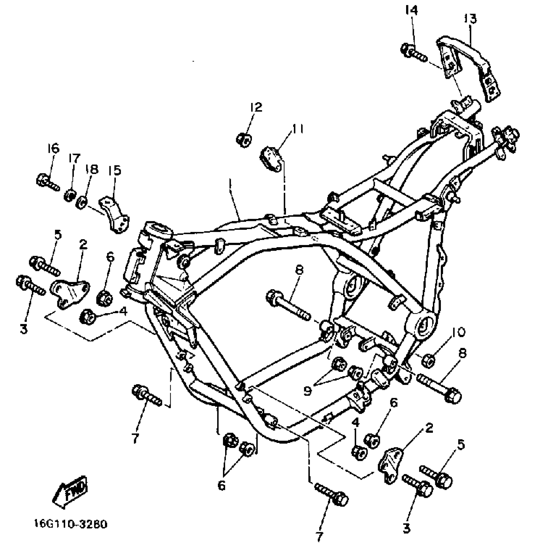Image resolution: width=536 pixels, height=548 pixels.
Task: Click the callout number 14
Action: (x=411, y=11)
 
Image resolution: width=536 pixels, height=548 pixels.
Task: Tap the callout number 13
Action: (x=470, y=19)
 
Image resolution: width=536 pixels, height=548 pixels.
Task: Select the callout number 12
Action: (x=256, y=107)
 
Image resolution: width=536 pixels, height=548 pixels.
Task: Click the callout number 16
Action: (x=53, y=148)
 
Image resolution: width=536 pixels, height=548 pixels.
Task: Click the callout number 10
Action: (x=458, y=332)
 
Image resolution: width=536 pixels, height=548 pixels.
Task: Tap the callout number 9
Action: (x=308, y=391)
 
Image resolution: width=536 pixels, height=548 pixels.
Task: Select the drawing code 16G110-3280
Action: (x=71, y=524)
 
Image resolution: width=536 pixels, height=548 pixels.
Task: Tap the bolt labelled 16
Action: (x=48, y=182)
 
